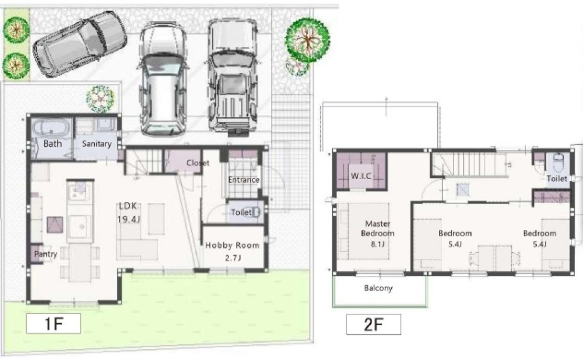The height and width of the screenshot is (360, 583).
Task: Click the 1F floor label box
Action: click(x=53, y=323)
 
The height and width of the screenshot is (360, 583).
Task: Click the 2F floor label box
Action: click(x=373, y=324)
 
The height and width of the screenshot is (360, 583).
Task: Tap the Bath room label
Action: click(x=53, y=144)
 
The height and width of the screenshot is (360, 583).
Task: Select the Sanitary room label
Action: click(x=97, y=144)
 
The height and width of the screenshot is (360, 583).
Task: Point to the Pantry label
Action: click(x=45, y=254)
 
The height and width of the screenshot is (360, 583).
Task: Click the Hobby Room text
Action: click(x=233, y=245)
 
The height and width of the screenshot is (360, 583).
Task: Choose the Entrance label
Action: click(x=244, y=180)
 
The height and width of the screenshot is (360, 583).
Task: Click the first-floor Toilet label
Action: click(x=241, y=212)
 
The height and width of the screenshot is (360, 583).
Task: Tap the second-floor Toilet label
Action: click(x=557, y=179)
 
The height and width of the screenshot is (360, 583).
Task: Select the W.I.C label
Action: click(x=361, y=176)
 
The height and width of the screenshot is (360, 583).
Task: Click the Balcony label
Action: click(x=378, y=288)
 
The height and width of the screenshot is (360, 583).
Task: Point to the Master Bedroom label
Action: click(x=378, y=229)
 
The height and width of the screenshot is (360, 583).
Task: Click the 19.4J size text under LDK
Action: click(x=129, y=219)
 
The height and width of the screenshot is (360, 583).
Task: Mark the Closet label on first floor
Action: click(x=198, y=163)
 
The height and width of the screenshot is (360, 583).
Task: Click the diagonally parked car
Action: click(x=80, y=44)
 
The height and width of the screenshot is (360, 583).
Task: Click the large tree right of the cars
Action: click(x=307, y=40)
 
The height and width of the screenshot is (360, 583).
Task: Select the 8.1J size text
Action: click(x=377, y=244)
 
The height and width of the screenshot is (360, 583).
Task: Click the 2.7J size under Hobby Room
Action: click(x=233, y=258)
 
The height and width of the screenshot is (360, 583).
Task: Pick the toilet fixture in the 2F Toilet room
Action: click(x=559, y=162)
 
